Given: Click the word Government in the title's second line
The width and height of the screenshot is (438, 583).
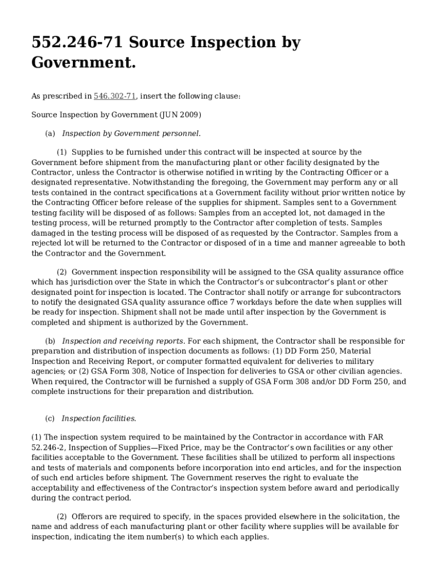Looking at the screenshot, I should tap(83, 63).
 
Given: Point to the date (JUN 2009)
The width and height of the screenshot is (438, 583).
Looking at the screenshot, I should tap(181, 115).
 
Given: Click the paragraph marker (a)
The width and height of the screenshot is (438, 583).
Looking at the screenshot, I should tap(50, 134).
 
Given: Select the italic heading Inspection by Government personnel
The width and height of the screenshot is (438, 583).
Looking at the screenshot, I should tap(131, 134).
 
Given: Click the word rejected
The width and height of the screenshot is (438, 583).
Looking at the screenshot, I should tap(48, 243).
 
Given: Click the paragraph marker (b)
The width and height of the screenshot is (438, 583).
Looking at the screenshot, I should tap(50, 341).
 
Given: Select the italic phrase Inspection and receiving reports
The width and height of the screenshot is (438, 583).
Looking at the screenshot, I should tap(123, 341).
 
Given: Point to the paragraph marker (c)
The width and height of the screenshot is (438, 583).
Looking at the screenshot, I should tap(50, 419).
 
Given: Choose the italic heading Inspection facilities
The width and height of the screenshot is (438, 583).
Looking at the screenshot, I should tap(99, 419).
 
